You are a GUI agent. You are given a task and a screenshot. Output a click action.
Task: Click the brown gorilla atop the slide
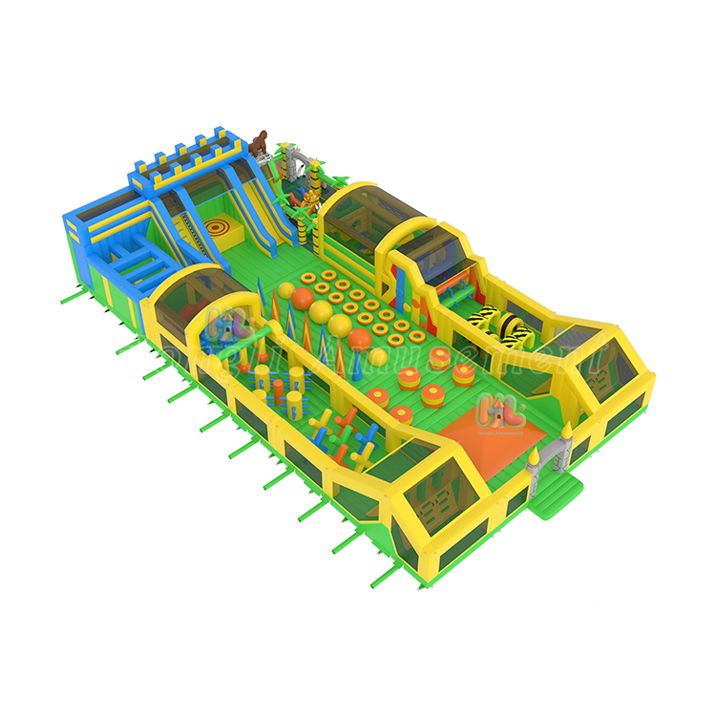click(262, 144)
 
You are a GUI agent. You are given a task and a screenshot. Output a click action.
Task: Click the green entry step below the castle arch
click(560, 496)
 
